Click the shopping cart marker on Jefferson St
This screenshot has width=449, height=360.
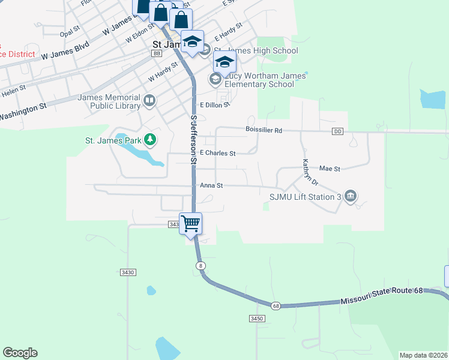(191, 224)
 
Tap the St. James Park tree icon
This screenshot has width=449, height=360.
(150, 140)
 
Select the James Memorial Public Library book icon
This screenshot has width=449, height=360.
(149, 101)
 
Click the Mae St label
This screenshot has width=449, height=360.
(330, 169)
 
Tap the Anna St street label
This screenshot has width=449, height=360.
(211, 186)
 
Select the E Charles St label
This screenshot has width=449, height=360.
(217, 153)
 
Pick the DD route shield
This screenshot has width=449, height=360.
(337, 131)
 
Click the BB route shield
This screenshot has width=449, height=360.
(157, 53)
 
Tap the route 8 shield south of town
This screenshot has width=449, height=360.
(200, 265)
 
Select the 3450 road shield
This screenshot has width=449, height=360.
(257, 318)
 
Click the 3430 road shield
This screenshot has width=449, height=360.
(128, 272)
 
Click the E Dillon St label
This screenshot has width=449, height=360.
(215, 105)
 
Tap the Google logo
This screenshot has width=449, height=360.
(20, 353)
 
